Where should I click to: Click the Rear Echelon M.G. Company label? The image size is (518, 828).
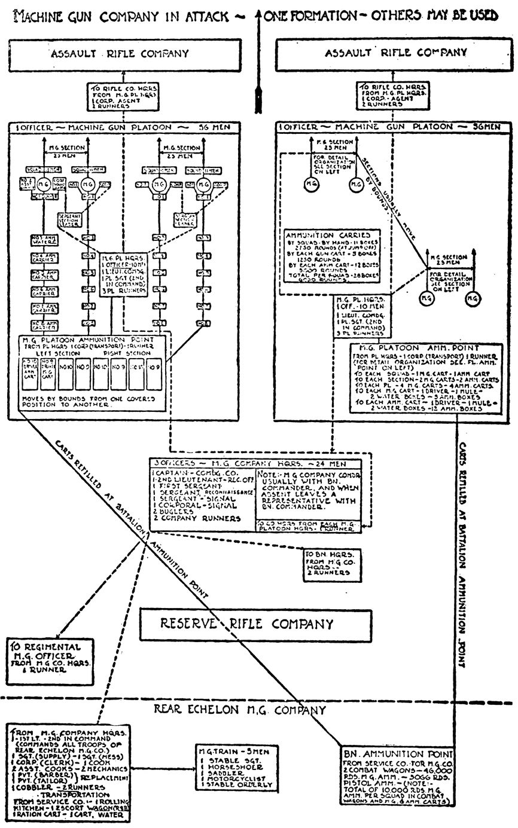tap(239, 710)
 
